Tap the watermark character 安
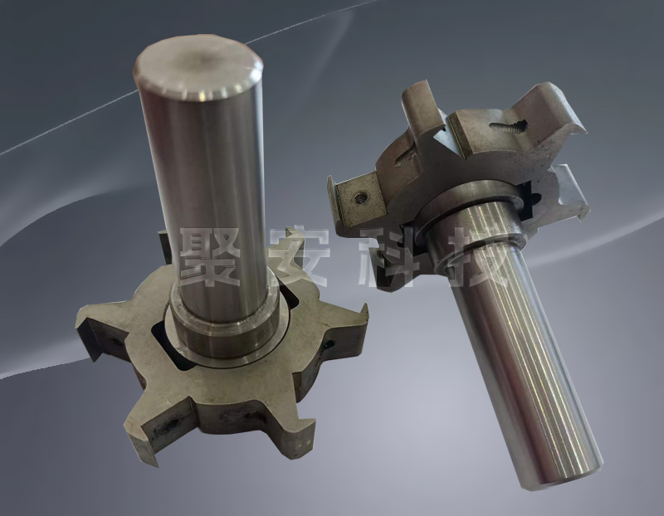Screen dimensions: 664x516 (300, 257)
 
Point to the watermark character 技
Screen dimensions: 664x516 (479, 259)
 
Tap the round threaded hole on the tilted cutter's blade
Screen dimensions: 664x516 (360, 197)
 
